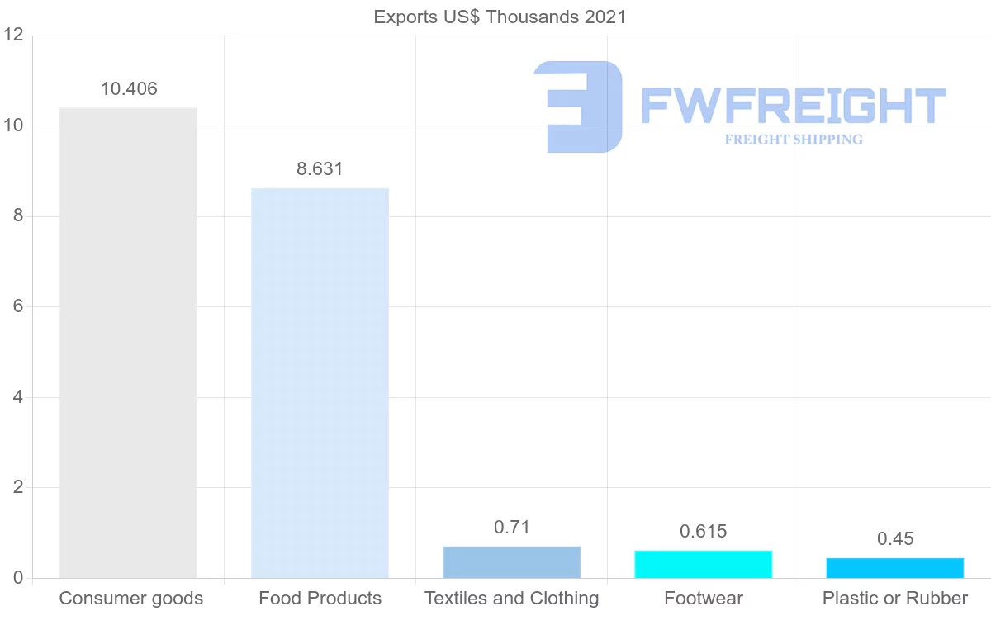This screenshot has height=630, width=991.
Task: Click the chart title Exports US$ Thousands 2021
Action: tap(500, 17)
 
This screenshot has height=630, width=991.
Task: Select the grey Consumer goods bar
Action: tap(129, 343)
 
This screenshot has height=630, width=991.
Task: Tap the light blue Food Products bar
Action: tap(320, 383)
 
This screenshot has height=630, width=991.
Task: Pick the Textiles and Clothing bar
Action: tap(512, 562)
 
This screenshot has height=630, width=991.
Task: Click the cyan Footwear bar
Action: tap(704, 564)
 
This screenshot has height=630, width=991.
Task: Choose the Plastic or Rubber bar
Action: tap(895, 568)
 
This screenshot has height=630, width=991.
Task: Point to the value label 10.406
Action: tap(129, 89)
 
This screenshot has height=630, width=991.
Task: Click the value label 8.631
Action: tap(320, 169)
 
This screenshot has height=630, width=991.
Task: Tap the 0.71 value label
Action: tap(512, 528)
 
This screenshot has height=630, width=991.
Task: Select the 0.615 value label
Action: tap(704, 532)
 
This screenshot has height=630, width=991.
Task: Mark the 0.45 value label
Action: tap(895, 539)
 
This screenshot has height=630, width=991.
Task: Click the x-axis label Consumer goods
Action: tap(130, 599)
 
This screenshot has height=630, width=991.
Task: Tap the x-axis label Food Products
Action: tap(320, 599)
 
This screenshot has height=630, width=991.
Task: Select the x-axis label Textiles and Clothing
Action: tap(512, 599)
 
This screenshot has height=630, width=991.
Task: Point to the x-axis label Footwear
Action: tap(704, 599)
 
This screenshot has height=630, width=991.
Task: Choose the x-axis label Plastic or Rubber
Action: tap(895, 599)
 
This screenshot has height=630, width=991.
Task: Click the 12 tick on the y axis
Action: tap(12, 36)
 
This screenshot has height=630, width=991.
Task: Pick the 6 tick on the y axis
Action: tap(17, 307)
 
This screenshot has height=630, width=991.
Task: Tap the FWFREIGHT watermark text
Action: tap(793, 107)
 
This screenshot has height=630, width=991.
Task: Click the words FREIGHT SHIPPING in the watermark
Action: tap(794, 140)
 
